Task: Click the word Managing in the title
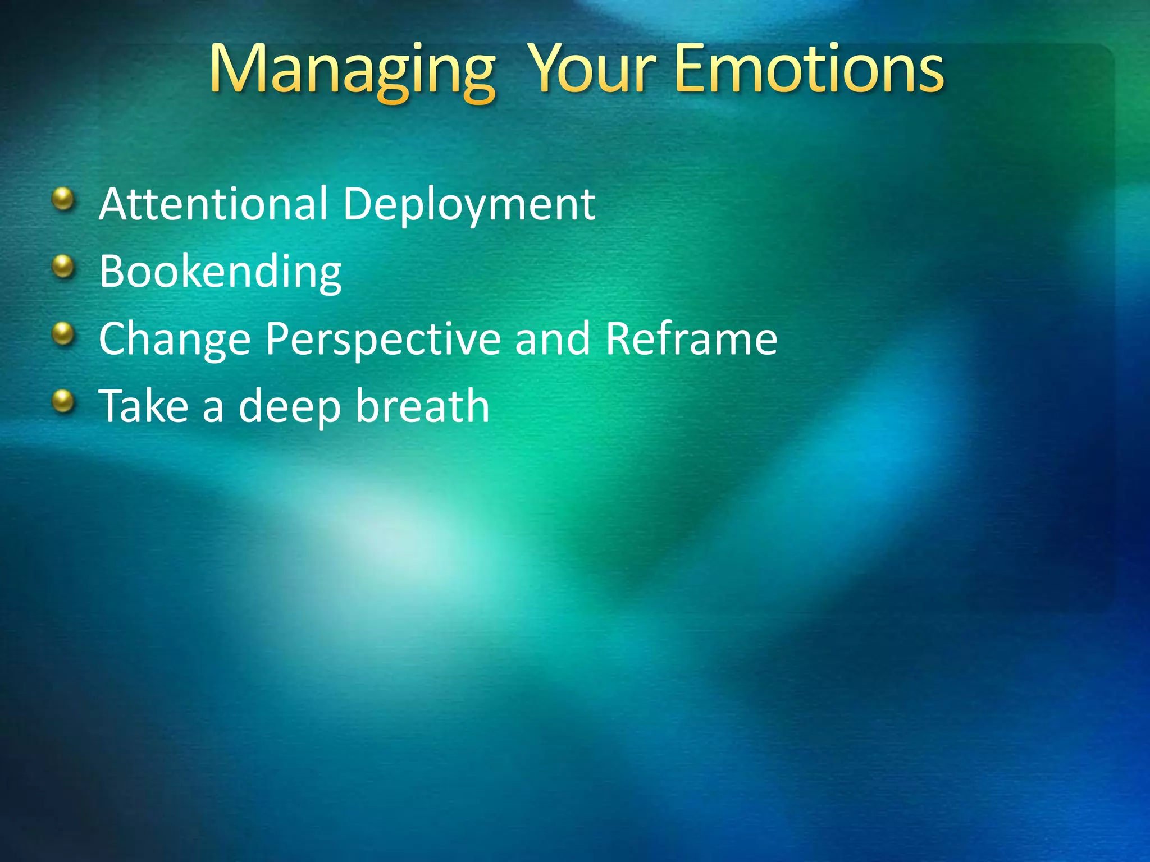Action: (x=352, y=70)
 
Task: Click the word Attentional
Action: (x=213, y=204)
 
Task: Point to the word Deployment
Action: (x=469, y=205)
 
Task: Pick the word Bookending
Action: (x=220, y=272)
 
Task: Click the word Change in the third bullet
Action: (x=174, y=340)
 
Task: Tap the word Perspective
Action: (x=383, y=340)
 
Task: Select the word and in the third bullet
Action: (x=553, y=338)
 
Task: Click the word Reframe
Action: (x=691, y=338)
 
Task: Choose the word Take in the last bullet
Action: (x=144, y=406)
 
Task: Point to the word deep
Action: (x=289, y=407)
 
